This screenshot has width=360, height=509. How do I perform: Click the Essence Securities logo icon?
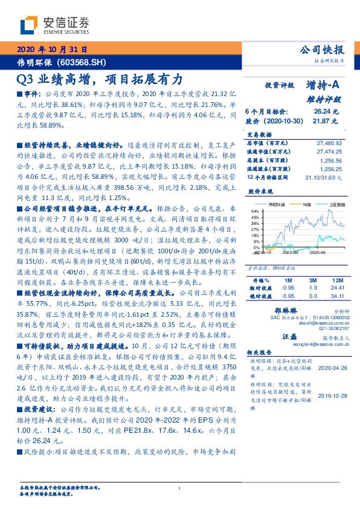pyautogui.click(x=28, y=25)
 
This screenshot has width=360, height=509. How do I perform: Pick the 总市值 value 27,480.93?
pyautogui.click(x=330, y=142)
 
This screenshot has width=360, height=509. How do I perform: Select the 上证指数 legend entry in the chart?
pyautogui.click(x=336, y=205)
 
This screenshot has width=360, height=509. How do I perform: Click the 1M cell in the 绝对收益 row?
pyautogui.click(x=278, y=296)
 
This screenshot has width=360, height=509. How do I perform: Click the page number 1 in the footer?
pyautogui.click(x=180, y=488)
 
